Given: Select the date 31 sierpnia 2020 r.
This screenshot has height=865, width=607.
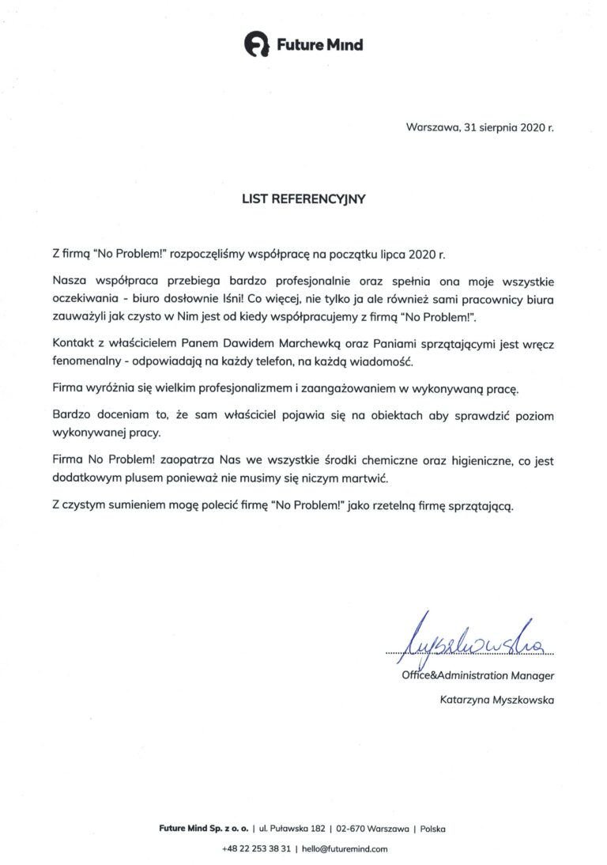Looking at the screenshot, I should click(x=507, y=127).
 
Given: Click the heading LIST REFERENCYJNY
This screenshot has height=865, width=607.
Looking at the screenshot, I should click(x=303, y=200).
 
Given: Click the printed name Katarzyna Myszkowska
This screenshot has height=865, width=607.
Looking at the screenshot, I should click(x=497, y=700).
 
